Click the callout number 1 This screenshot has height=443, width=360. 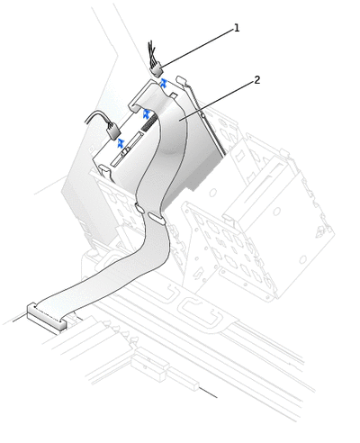click(237, 28)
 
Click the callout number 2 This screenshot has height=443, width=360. click(257, 80)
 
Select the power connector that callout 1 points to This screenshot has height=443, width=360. click(157, 71)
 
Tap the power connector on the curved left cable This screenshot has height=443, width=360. click(113, 132)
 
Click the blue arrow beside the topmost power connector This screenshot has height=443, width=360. click(163, 83)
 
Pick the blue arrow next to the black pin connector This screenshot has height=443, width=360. click(147, 113)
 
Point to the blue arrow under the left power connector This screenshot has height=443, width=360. click(121, 143)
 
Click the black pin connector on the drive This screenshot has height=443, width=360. click(148, 122)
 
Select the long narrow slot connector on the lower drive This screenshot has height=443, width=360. click(126, 149)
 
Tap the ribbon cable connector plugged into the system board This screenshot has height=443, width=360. click(47, 318)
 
